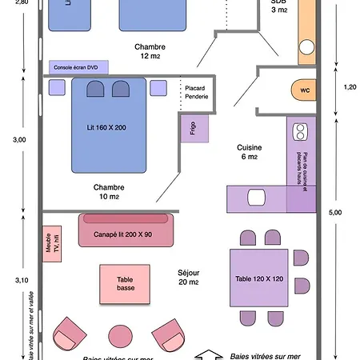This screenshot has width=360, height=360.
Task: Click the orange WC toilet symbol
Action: (x=304, y=90)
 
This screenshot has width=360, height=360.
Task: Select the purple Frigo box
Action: (x=194, y=128)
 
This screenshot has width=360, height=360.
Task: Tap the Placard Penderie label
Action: (x=196, y=92)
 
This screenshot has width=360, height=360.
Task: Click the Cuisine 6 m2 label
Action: (x=246, y=152)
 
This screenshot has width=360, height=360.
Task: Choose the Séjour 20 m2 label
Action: (x=189, y=277)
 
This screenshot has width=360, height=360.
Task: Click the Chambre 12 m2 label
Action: (x=150, y=51)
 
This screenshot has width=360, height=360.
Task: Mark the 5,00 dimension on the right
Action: (x=335, y=212)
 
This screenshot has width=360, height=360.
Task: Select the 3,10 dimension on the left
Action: (x=19, y=279)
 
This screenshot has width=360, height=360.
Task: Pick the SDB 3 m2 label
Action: (x=278, y=6)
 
